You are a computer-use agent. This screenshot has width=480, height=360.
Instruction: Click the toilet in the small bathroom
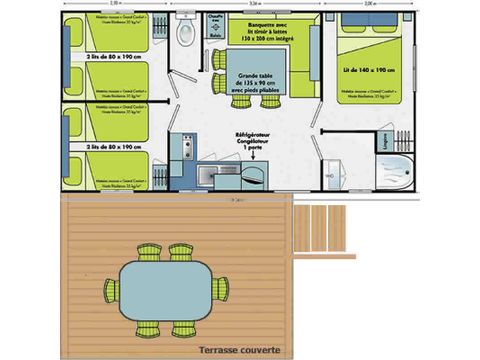185,34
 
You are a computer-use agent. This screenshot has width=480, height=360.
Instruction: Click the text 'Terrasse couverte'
238,349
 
